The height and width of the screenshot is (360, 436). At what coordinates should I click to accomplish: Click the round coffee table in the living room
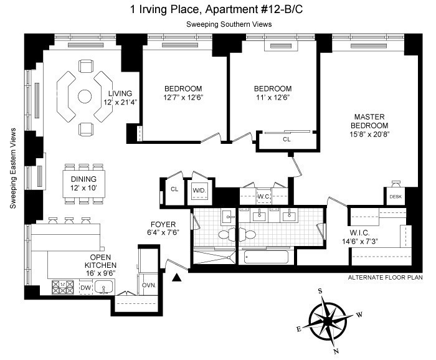click(x=85, y=97)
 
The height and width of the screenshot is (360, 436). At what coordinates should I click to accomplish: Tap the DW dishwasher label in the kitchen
click(x=86, y=288)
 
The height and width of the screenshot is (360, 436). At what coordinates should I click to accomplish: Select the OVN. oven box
click(x=149, y=285)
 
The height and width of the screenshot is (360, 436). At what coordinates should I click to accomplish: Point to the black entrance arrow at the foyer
click(x=177, y=277)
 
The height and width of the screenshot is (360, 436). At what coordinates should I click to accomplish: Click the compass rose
click(x=328, y=321)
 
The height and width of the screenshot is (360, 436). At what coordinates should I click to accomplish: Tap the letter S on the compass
click(x=320, y=291)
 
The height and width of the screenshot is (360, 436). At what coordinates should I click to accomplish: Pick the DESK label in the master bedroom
click(x=396, y=197)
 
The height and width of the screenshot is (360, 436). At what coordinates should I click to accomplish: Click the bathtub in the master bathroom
click(x=267, y=257)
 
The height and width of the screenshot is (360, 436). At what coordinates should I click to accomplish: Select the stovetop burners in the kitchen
click(x=63, y=287)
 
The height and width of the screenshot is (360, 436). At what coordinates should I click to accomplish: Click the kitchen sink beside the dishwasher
click(x=104, y=287)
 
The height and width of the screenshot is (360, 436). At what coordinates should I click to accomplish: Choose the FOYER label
click(x=163, y=224)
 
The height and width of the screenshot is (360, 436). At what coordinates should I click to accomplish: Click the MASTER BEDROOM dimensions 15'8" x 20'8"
click(x=369, y=135)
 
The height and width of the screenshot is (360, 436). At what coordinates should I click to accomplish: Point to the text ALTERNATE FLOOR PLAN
click(x=385, y=277)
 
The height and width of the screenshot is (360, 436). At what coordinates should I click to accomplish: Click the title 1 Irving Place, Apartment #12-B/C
click(x=217, y=9)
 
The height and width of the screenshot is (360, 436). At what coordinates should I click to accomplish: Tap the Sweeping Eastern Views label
click(x=13, y=168)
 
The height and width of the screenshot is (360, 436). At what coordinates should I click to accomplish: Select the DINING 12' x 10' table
click(x=83, y=184)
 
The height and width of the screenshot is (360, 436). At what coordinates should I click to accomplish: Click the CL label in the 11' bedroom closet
click(x=287, y=140)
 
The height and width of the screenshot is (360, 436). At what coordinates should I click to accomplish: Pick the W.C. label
click(x=263, y=197)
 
